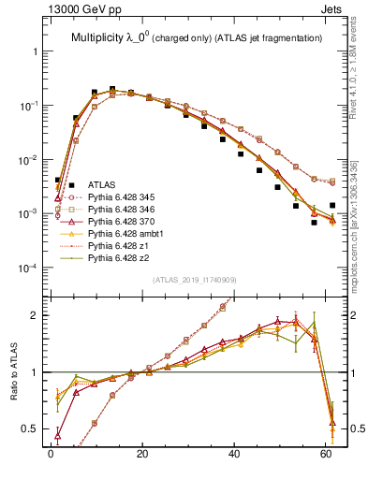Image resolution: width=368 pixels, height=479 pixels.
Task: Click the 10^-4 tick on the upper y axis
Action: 28,269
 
